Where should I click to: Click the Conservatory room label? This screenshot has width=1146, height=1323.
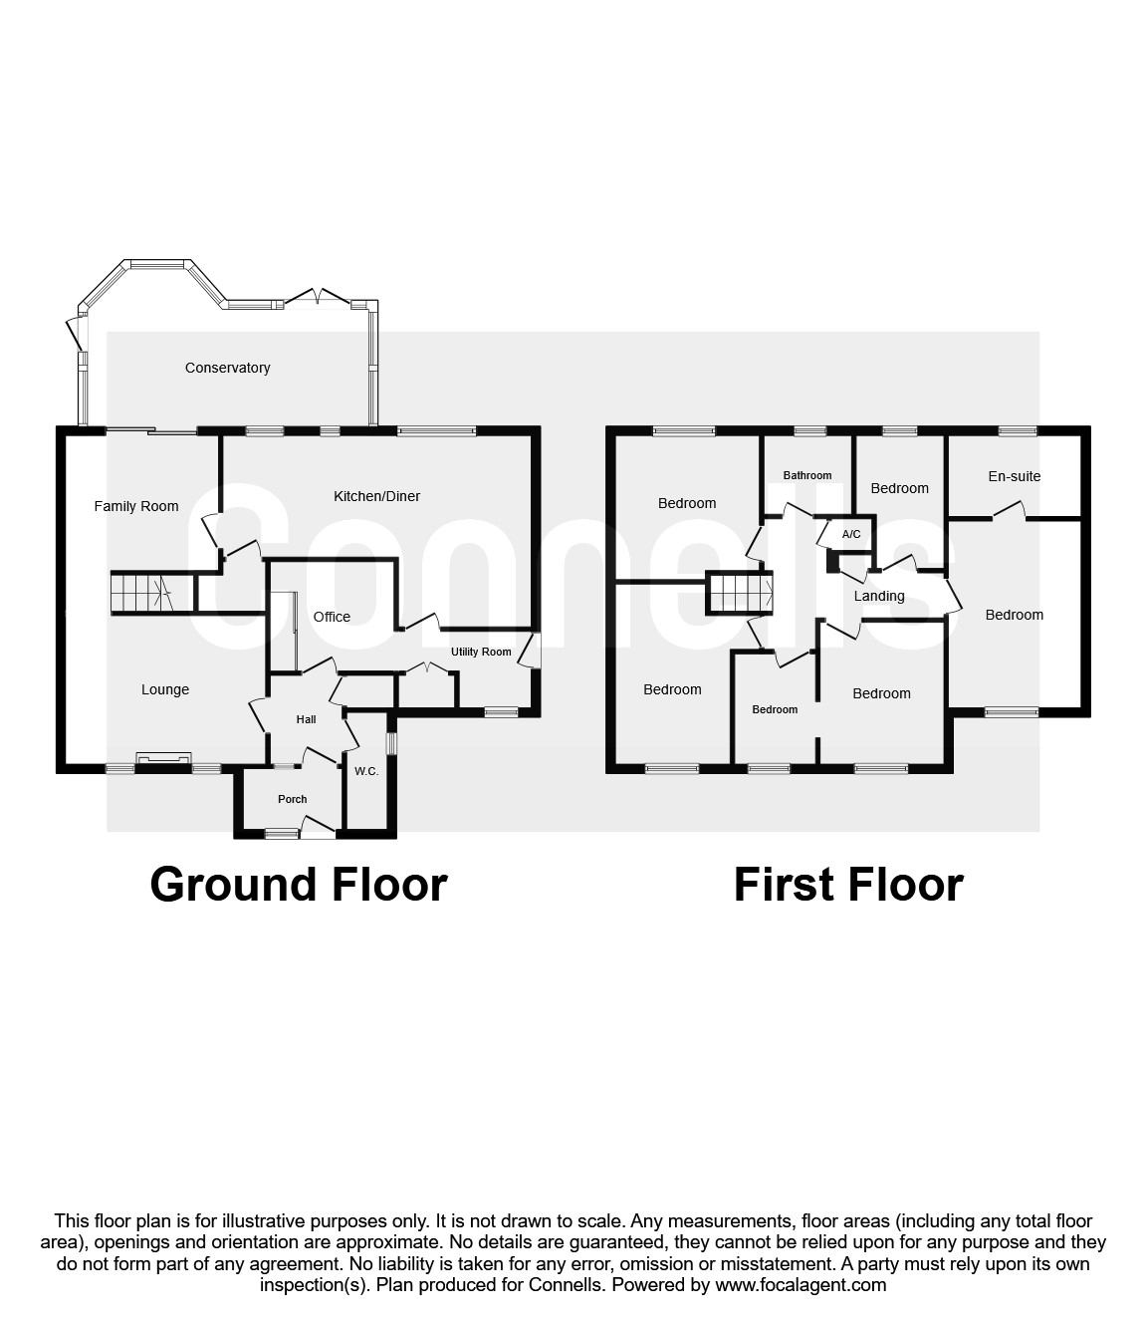click(x=227, y=368)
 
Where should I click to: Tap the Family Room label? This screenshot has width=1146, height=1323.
click(x=136, y=506)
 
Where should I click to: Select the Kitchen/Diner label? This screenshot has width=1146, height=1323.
click(x=376, y=496)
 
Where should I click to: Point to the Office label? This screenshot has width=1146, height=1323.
click(x=332, y=617)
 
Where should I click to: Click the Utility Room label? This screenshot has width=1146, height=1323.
click(x=481, y=652)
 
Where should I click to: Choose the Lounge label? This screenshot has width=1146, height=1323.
click(x=165, y=689)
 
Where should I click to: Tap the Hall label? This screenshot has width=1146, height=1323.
click(x=306, y=719)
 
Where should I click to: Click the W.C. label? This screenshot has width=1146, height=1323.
click(x=366, y=771)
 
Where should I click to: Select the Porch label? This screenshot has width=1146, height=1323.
click(x=293, y=799)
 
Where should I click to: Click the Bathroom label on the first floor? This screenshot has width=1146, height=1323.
click(x=806, y=475)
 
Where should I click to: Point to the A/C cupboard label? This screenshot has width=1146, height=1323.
click(x=850, y=535)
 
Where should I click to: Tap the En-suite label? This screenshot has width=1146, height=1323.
click(x=1014, y=476)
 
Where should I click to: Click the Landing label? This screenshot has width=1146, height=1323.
click(x=879, y=596)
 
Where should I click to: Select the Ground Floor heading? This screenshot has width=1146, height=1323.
click(x=299, y=885)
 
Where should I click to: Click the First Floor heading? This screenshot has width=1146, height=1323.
click(x=848, y=885)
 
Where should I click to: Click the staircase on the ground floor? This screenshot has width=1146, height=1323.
click(x=140, y=593)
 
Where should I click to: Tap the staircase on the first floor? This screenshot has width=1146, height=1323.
click(x=741, y=593)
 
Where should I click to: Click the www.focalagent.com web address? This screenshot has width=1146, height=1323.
click(x=801, y=1285)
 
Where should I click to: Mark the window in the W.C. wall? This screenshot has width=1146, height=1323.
click(x=391, y=744)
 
